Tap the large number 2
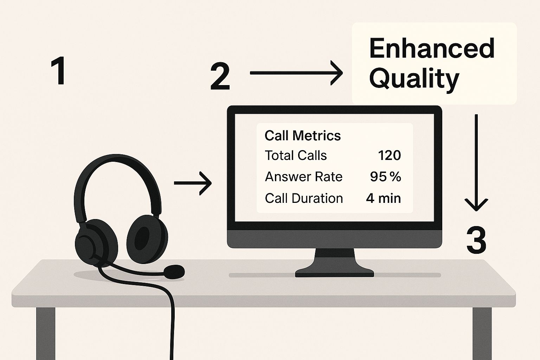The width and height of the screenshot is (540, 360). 220,77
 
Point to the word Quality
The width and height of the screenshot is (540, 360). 414,79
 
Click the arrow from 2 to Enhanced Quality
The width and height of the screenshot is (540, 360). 296,73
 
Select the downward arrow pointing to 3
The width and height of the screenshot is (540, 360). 476,163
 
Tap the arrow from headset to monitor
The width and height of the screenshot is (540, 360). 193,183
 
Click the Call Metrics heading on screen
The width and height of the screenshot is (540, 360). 303,135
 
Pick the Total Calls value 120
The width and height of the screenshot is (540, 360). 389,155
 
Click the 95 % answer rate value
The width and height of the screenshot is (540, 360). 385,177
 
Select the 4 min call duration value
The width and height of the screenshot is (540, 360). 383,198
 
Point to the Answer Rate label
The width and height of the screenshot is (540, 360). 303,177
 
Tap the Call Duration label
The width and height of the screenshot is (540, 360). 304,198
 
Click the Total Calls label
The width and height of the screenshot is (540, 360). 296,155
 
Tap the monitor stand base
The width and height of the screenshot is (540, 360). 334,273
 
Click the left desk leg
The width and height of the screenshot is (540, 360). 46,334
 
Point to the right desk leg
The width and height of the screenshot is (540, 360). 482,334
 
